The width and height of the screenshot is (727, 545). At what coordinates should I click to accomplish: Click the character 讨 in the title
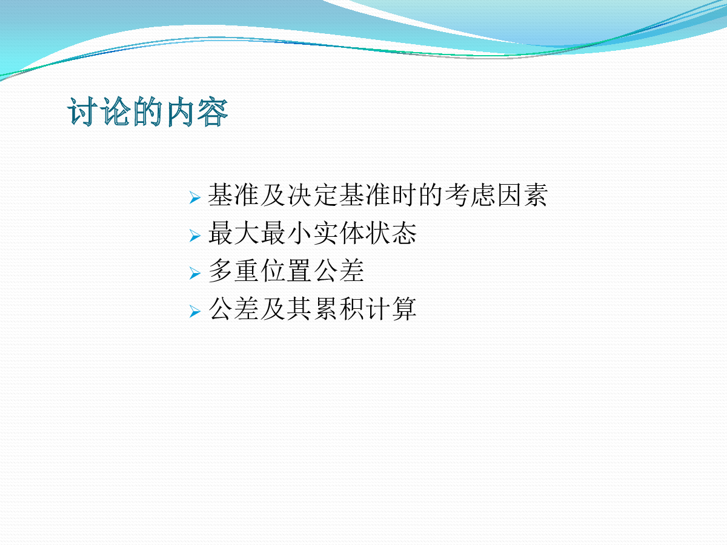82,111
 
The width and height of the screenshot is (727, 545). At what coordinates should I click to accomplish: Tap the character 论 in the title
115,111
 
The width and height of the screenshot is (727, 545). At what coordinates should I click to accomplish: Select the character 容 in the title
213,111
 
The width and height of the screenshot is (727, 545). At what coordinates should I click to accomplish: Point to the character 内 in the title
181,111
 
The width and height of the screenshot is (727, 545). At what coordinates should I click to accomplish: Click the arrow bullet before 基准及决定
195,197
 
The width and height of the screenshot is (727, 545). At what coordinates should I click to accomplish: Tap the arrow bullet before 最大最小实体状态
195,236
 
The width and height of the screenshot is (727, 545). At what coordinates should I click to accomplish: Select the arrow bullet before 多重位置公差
195,273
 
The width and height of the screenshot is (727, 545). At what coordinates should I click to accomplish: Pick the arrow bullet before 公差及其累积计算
195,311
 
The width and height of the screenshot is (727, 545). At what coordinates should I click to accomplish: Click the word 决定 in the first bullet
313,195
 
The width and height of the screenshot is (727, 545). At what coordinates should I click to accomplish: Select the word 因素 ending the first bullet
522,195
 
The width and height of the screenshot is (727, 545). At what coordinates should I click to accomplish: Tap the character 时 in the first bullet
405,195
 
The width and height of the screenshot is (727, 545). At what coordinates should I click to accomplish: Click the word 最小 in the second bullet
286,233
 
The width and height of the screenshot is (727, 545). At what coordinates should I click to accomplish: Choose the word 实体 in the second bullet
339,233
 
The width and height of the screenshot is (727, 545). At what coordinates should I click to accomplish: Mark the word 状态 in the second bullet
391,233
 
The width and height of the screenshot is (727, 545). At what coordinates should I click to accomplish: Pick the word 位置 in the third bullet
286,271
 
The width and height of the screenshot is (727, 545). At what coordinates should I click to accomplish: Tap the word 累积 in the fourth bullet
339,308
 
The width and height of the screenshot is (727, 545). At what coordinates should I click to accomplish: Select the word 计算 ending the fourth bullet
391,308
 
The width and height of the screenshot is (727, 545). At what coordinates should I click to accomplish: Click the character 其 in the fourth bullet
299,308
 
